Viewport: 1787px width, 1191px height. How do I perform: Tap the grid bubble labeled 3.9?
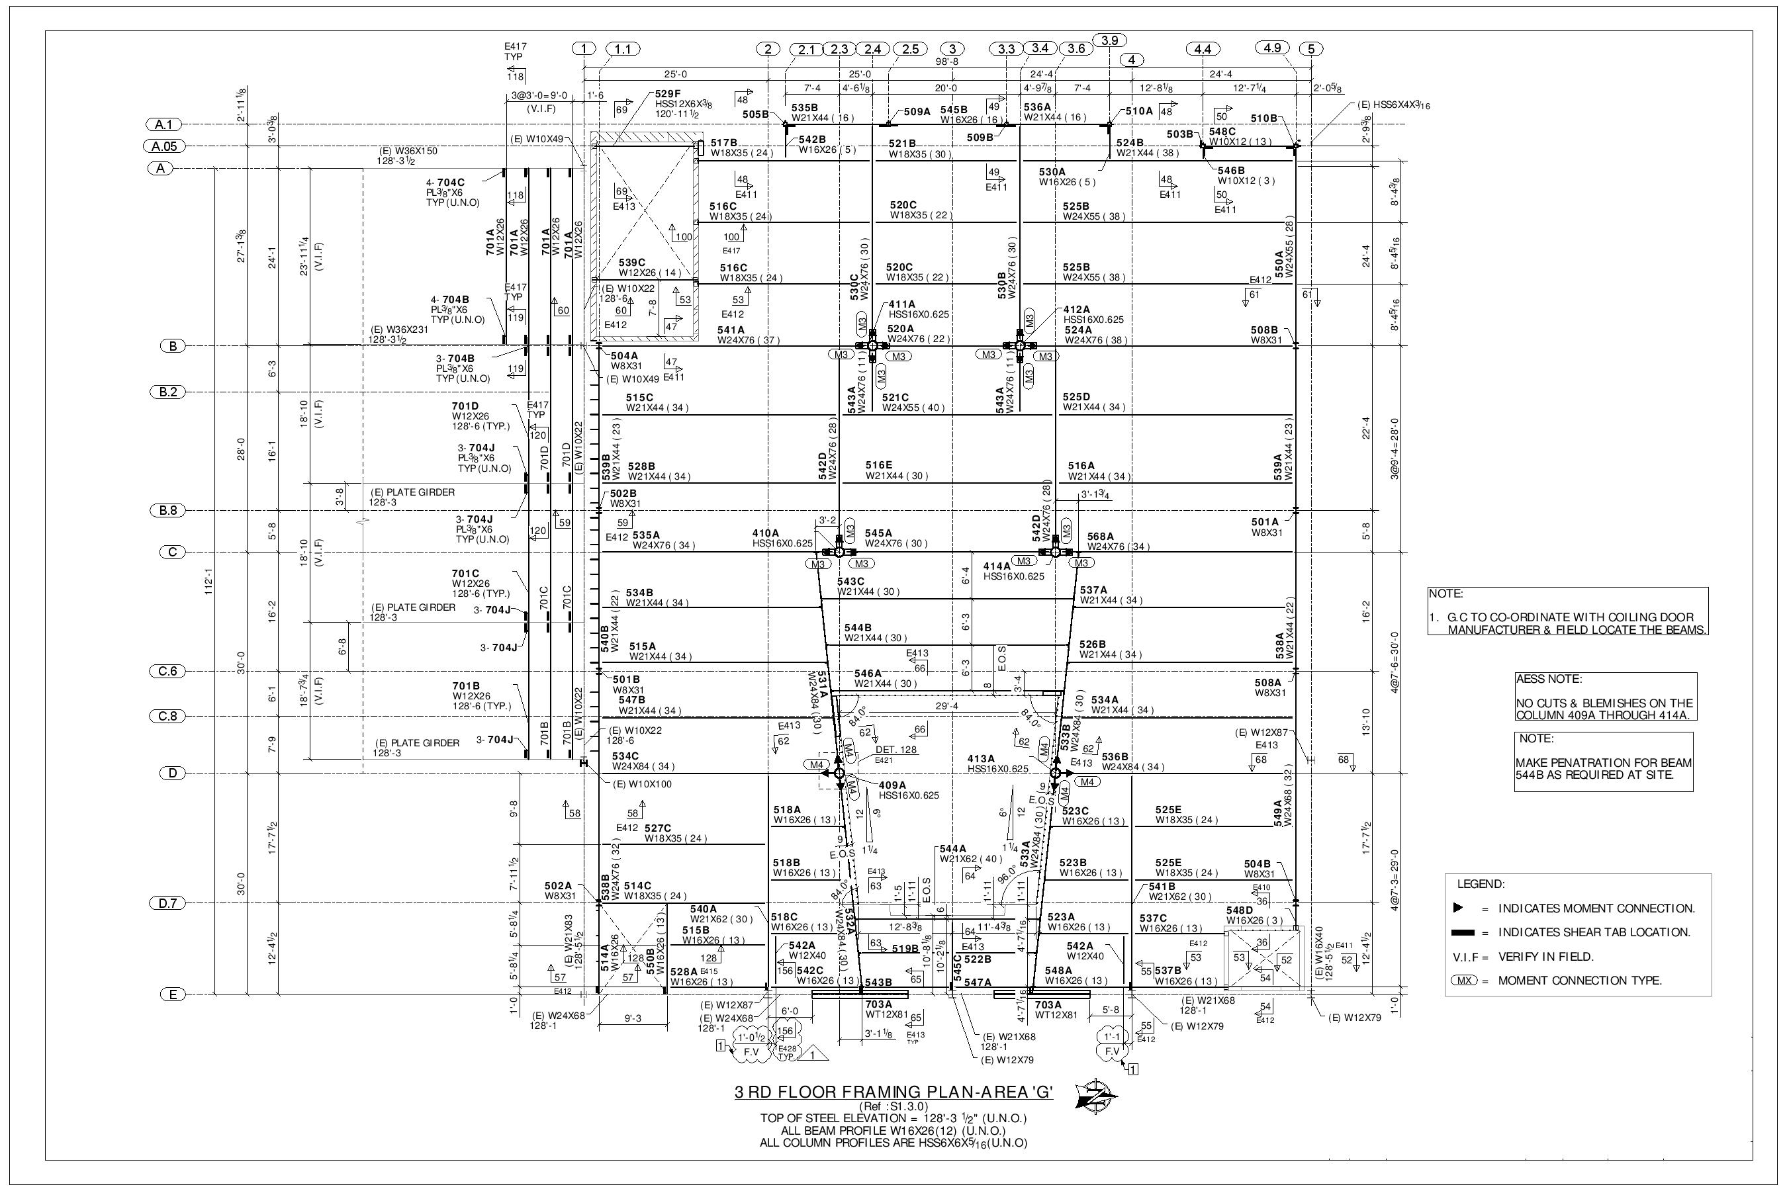[1109, 40]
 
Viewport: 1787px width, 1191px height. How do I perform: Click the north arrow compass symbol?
[1097, 1098]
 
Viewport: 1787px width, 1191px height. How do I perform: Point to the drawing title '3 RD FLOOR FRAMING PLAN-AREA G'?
[893, 1092]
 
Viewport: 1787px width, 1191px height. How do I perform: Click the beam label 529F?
[668, 94]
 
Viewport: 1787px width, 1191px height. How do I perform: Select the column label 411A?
[902, 304]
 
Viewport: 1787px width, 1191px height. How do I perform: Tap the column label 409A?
[892, 785]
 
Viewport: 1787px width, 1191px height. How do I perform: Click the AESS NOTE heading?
[1549, 678]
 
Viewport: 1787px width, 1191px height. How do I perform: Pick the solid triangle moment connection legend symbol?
[1457, 908]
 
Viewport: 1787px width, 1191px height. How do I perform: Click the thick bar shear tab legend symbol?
[1463, 932]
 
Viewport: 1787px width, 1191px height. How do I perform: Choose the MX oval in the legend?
[1463, 981]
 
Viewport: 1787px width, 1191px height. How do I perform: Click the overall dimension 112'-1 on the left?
[208, 581]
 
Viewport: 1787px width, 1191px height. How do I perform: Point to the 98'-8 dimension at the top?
[946, 61]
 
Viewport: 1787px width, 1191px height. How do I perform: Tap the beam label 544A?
[953, 848]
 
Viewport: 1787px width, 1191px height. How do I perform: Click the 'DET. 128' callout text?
[897, 749]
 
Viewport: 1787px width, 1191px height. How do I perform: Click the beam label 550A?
[1279, 263]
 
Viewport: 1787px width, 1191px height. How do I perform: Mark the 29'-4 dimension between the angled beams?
[946, 705]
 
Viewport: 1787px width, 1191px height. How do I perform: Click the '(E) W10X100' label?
[643, 784]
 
